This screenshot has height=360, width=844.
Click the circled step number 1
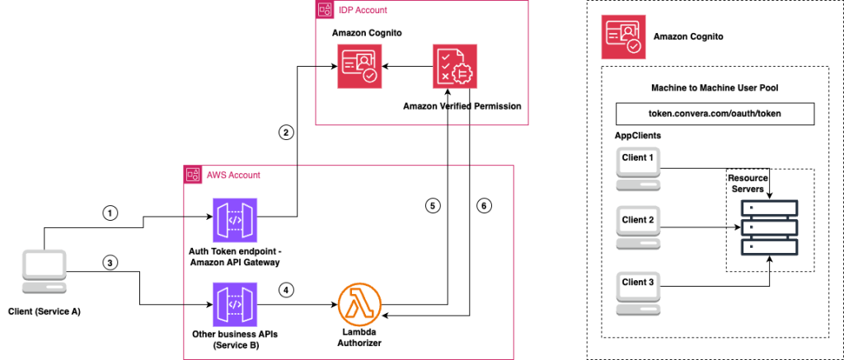click(110, 212)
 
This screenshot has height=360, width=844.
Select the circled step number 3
click(110, 263)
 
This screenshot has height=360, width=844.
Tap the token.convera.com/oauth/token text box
click(715, 113)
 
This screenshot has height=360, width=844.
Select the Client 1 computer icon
click(640, 167)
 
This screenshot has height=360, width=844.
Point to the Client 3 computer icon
click(640, 288)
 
